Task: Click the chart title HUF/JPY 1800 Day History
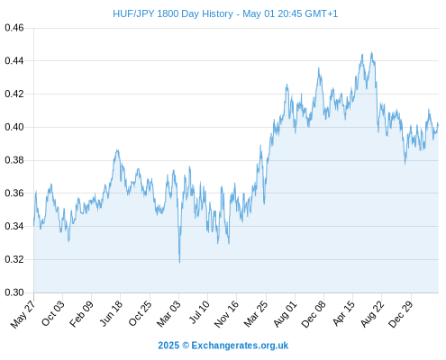pyautogui.click(x=173, y=13)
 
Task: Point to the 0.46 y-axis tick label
pyautogui.click(x=14, y=28)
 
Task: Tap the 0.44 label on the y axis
pyautogui.click(x=14, y=61)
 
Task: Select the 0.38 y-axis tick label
pyautogui.click(x=14, y=160)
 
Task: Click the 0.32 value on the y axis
pyautogui.click(x=14, y=259)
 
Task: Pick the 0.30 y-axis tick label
pyautogui.click(x=14, y=292)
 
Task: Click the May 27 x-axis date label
pyautogui.click(x=23, y=314)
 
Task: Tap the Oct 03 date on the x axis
pyautogui.click(x=53, y=313)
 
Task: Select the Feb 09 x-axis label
pyautogui.click(x=81, y=313)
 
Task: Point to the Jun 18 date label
pyautogui.click(x=111, y=313)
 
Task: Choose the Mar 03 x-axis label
pyautogui.click(x=168, y=313)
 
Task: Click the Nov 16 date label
pyautogui.click(x=226, y=314)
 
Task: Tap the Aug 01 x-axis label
pyautogui.click(x=285, y=313)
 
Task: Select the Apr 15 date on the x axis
pyautogui.click(x=343, y=313)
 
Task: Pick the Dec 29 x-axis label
pyautogui.click(x=401, y=314)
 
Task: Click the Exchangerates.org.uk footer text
pyautogui.click(x=240, y=346)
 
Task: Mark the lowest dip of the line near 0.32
pyautogui.click(x=179, y=262)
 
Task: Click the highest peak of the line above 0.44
pyautogui.click(x=372, y=52)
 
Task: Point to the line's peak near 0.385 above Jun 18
pyautogui.click(x=117, y=150)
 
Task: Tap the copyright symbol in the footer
pyautogui.click(x=186, y=346)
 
